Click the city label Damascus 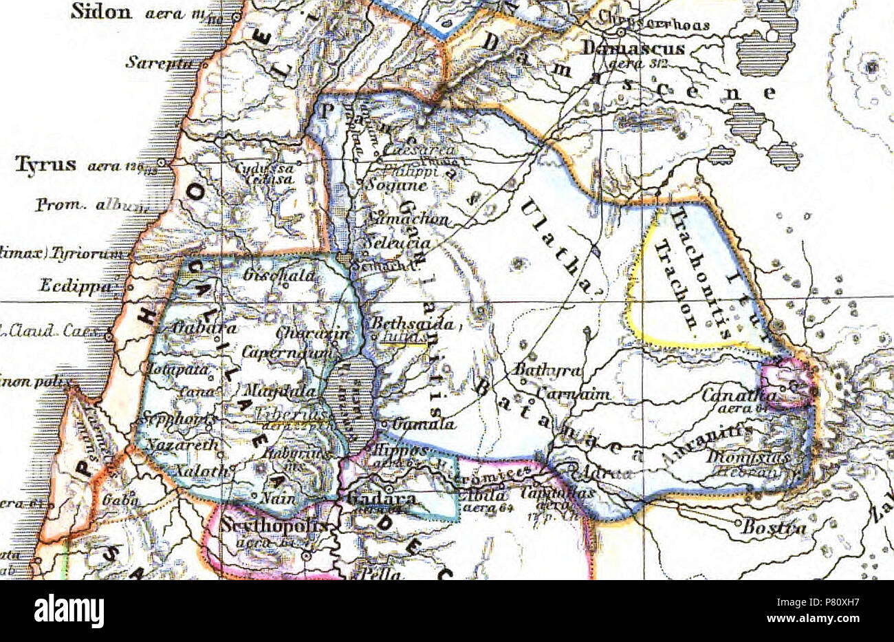click(x=633, y=48)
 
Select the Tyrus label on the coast click(x=47, y=166)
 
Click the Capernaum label click(x=287, y=352)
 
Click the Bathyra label click(x=547, y=370)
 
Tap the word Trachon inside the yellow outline click(x=677, y=284)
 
